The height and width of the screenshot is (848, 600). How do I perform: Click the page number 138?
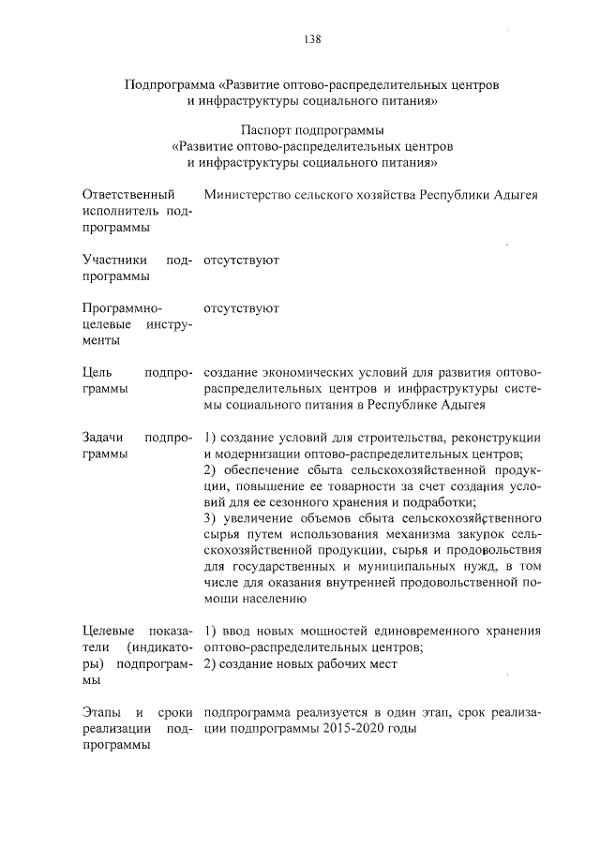pos(313,39)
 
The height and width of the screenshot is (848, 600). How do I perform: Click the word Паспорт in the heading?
pos(269,128)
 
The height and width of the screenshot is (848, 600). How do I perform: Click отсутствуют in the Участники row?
pos(241,259)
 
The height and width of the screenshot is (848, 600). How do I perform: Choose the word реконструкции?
pos(496,437)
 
